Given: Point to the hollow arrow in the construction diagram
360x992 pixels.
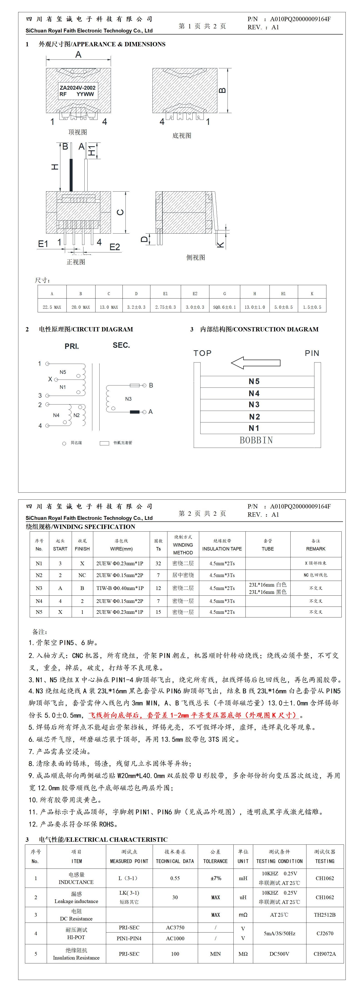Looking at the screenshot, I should [x=255, y=363].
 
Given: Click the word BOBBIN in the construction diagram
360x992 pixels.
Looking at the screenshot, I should [x=256, y=440].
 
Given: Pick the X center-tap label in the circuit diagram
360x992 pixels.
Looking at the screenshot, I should [x=50, y=379].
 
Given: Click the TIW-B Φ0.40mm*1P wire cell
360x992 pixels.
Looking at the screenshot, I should [x=120, y=588].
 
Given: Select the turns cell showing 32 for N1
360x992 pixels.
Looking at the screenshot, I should [x=158, y=563].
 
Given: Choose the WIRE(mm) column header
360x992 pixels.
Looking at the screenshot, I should [x=121, y=549].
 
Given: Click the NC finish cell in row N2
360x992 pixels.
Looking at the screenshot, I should [x=82, y=575].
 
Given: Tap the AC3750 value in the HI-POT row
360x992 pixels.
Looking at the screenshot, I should [x=175, y=928].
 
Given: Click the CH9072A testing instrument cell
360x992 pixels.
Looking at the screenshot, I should [x=325, y=954].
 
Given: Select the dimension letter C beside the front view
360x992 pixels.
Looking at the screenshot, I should [x=120, y=212].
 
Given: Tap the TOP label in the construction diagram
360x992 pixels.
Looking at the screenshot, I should [x=203, y=353].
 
